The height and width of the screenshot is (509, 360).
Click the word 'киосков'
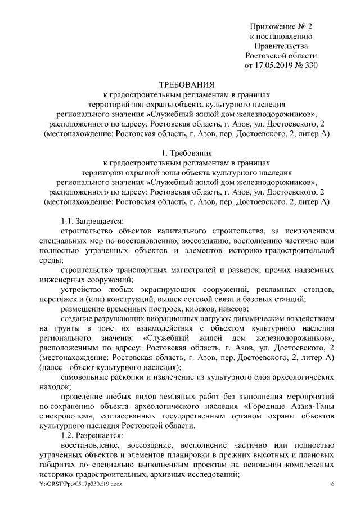click(x=202, y=309)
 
